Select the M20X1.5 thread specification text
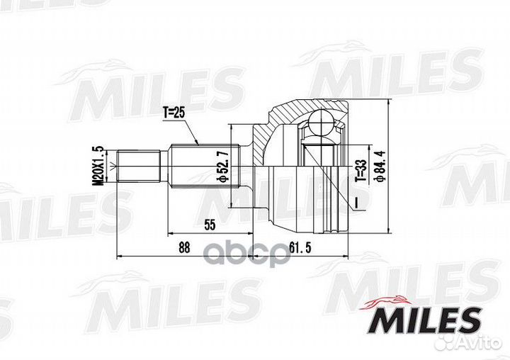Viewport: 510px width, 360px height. pyautogui.click(x=98, y=164)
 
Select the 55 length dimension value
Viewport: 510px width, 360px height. pyautogui.click(x=210, y=225)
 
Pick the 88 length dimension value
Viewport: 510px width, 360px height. pyautogui.click(x=184, y=247)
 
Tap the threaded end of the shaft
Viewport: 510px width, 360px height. pyautogui.click(x=136, y=166)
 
